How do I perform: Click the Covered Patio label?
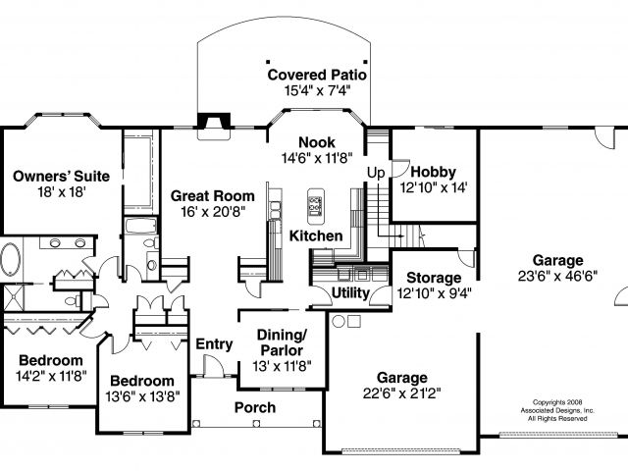317,74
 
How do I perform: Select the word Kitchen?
316,236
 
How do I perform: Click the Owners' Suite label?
60,177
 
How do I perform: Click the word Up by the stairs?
375,173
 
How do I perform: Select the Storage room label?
436,277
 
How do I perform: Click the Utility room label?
350,292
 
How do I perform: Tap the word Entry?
214,343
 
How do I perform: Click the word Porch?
255,407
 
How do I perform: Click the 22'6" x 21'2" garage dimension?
401,393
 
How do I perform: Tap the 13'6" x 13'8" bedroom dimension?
142,396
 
